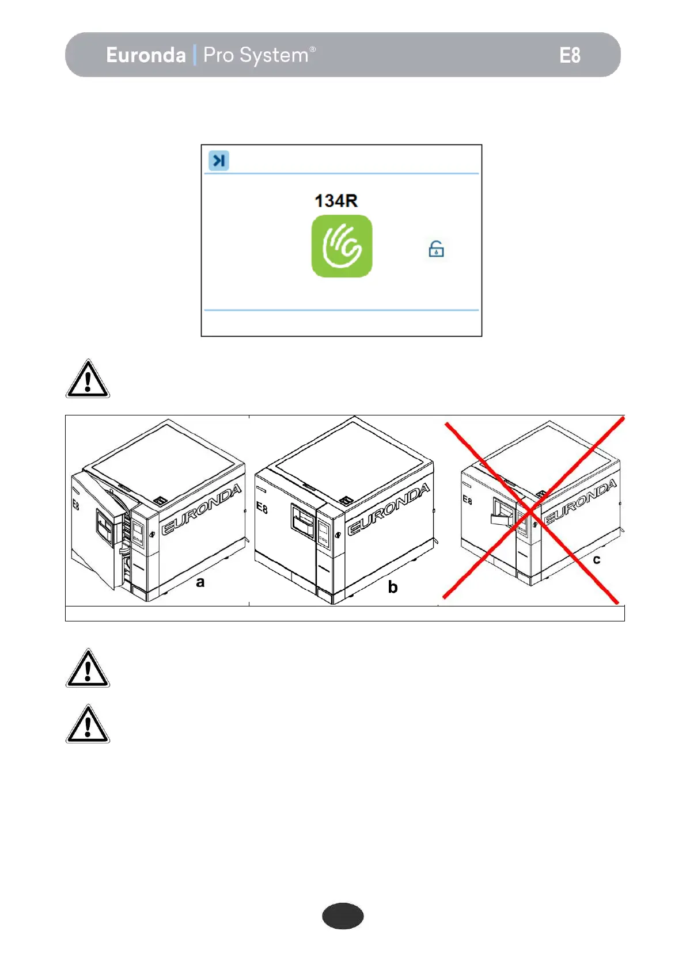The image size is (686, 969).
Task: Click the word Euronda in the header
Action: tap(146, 55)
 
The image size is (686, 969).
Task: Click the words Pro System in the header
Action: tap(256, 55)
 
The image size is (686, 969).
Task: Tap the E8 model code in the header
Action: tap(569, 55)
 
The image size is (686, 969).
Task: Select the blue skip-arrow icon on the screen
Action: tap(219, 161)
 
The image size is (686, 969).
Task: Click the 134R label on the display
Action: tap(336, 201)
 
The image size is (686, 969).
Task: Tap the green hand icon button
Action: tap(342, 246)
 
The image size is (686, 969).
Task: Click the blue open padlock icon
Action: tap(436, 249)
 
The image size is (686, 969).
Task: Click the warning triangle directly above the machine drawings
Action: tap(88, 379)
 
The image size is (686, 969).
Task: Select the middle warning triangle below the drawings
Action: tap(88, 669)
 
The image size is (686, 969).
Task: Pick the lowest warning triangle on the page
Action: tap(88, 724)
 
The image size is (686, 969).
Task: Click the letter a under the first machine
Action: tap(200, 582)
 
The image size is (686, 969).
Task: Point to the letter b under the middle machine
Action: tap(393, 587)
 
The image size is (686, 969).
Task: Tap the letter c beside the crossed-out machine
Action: tap(597, 559)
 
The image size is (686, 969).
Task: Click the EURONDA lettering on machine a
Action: tap(201, 509)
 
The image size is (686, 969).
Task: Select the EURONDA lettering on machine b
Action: tap(388, 509)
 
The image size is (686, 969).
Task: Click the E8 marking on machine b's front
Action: tap(261, 508)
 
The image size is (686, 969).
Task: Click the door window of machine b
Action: tap(303, 522)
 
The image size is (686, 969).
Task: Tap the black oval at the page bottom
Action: tap(343, 916)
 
